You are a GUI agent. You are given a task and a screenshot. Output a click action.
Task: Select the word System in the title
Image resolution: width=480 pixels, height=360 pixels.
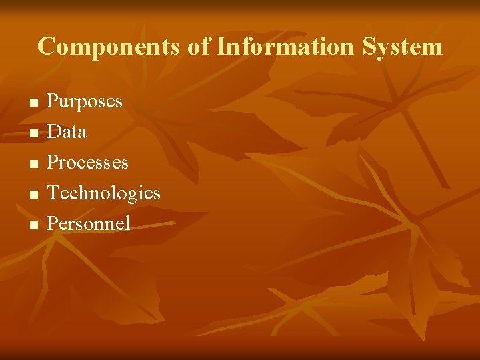point(403,47)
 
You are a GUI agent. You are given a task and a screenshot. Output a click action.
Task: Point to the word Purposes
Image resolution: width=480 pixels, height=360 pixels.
point(85,102)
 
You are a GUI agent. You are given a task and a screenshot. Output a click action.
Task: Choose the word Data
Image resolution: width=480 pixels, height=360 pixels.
point(67,132)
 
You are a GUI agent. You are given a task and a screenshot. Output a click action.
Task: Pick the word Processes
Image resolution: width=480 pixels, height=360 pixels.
point(87,163)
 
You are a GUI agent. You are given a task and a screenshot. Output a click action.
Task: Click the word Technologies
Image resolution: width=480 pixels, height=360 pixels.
point(103,193)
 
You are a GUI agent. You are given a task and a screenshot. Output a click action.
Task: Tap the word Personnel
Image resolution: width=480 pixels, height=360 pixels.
point(89,223)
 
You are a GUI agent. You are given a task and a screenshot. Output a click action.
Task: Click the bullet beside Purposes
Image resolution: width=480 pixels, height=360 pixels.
point(34,103)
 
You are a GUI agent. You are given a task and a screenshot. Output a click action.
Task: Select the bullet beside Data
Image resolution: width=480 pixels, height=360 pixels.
point(34,134)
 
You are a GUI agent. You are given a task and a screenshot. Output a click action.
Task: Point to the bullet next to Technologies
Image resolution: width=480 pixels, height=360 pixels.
point(34,195)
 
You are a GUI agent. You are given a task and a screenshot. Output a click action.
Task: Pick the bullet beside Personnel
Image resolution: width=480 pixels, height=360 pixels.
point(34,225)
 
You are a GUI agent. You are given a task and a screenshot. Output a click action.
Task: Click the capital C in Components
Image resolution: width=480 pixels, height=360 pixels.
point(47,47)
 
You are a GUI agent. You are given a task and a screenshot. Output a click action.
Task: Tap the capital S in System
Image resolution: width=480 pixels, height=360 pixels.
point(370,47)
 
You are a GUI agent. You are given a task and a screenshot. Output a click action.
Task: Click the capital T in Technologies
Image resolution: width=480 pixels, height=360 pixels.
point(53,193)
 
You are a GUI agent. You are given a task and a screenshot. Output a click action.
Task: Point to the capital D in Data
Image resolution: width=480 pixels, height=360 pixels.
point(54,132)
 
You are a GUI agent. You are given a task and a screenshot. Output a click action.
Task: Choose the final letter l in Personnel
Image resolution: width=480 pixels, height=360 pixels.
point(127,223)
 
